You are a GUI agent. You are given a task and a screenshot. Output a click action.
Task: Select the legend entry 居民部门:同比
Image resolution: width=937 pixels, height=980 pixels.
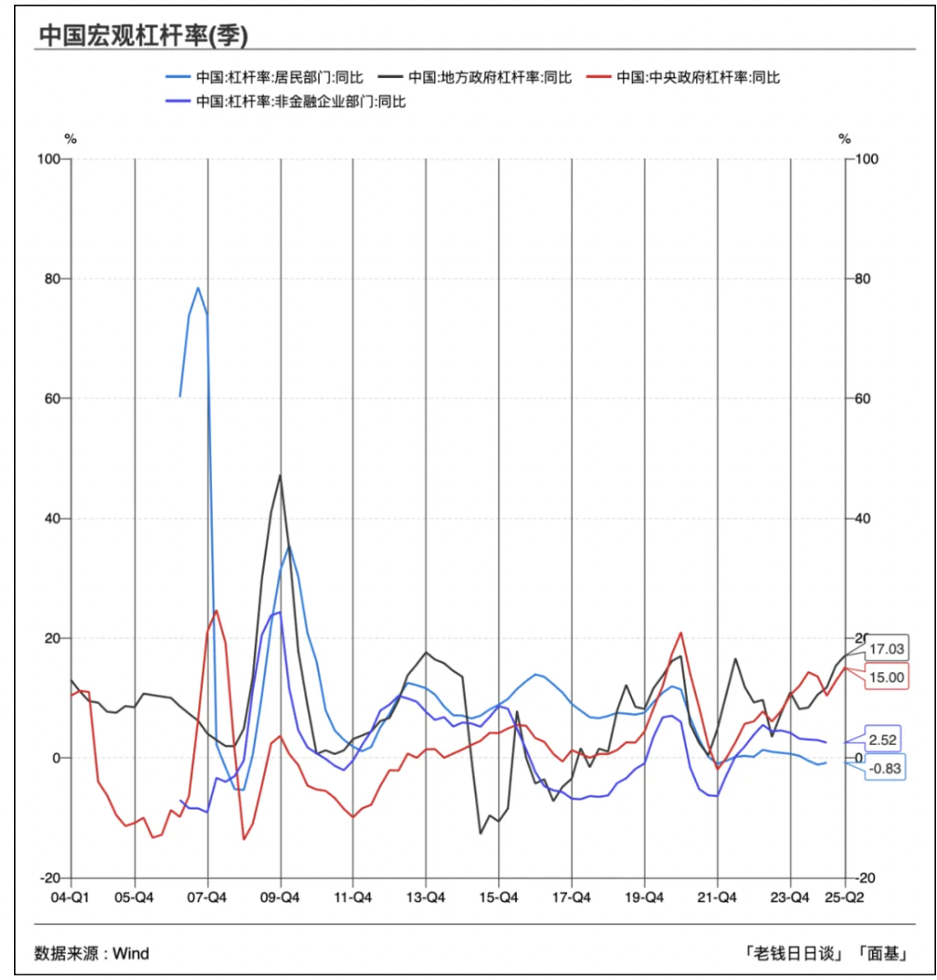(x=279, y=77)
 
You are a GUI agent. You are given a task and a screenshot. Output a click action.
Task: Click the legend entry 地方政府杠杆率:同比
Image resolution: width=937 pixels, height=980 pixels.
(x=491, y=77)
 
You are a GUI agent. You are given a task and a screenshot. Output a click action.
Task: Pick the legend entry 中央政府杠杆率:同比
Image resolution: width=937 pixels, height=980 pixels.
(x=699, y=77)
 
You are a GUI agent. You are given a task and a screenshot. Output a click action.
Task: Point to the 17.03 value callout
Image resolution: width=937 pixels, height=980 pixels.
(x=886, y=649)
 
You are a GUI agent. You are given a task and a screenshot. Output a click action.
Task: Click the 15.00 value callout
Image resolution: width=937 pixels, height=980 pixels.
(x=886, y=677)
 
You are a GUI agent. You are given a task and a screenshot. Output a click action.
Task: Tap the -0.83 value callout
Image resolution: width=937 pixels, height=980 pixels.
(x=886, y=768)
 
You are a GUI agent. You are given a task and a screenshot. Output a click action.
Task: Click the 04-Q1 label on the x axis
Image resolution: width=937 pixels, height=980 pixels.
(x=70, y=898)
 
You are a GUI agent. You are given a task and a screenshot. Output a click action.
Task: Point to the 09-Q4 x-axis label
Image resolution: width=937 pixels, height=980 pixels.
(x=280, y=898)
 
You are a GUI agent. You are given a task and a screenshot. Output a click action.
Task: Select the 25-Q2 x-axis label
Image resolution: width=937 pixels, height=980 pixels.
(x=847, y=898)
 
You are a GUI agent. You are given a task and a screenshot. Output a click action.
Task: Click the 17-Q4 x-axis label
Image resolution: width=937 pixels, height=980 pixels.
(x=571, y=898)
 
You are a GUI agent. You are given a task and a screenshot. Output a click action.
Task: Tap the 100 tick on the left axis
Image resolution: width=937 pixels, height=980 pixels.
(x=47, y=159)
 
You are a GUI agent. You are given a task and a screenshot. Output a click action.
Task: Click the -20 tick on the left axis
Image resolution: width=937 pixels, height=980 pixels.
(x=47, y=878)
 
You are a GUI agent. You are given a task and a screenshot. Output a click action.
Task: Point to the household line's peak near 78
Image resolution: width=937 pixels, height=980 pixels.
(x=198, y=288)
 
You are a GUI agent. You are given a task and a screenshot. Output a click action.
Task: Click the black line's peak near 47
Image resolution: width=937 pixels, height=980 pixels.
(x=280, y=475)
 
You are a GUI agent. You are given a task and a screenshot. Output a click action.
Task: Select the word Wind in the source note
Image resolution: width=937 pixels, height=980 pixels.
(x=131, y=953)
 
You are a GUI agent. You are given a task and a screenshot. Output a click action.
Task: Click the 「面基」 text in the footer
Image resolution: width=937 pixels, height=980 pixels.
(x=883, y=953)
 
